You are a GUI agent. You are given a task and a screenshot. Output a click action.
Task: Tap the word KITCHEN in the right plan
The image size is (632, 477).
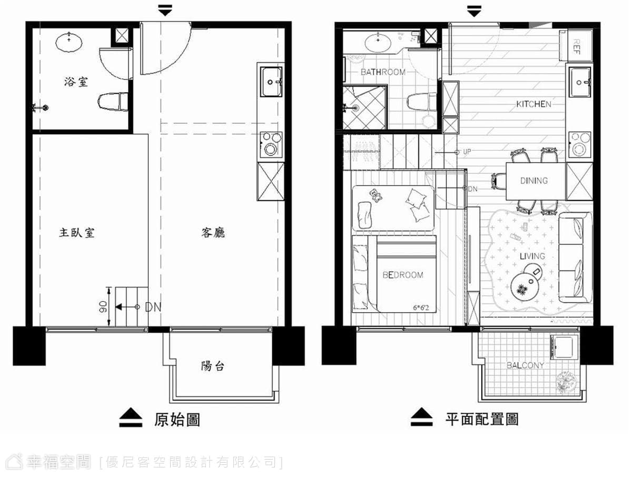tap(534, 104)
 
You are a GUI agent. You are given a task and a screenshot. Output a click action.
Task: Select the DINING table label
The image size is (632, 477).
tap(534, 181)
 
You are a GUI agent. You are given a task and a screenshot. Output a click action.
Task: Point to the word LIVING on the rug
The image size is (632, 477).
tap(532, 256)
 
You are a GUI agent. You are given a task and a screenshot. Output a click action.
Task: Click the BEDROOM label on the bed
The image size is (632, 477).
tap(403, 275)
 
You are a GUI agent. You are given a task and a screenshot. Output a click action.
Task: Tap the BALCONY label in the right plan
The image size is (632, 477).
tap(525, 365)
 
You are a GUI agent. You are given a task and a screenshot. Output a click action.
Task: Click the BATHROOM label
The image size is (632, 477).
tap(383, 72)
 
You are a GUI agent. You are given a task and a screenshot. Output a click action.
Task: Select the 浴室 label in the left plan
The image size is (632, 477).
tap(76, 82)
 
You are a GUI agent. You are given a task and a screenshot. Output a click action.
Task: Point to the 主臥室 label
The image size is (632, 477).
tap(77, 233)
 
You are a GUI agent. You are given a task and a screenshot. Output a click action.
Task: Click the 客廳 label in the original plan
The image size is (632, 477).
tap(213, 233)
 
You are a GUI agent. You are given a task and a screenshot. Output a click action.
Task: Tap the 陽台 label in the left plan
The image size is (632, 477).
tap(212, 366)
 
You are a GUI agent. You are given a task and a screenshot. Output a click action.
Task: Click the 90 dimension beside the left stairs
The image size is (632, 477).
tap(103, 307)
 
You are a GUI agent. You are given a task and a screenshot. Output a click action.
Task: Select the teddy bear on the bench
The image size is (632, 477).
tap(376, 195)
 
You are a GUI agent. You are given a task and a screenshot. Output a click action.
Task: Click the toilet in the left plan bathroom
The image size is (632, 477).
tap(113, 101)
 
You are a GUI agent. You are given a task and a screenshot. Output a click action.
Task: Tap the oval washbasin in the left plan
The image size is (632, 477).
tap(69, 43)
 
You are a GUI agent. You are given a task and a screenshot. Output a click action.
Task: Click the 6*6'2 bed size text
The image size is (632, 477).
tap(421, 308)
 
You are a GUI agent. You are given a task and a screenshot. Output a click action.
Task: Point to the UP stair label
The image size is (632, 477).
tap(467, 152)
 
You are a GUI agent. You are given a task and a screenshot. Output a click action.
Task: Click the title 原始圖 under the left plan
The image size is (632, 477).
tap(177, 420)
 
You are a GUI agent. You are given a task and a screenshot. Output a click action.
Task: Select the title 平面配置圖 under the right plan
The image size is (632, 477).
tap(482, 419)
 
